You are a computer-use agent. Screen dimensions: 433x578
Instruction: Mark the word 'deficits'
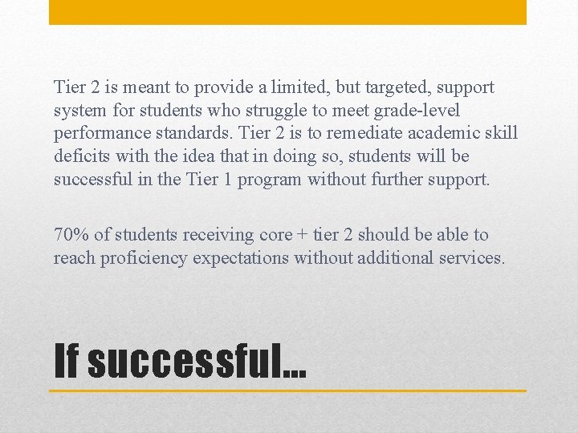(82, 156)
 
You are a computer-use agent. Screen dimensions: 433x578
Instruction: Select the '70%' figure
(71, 235)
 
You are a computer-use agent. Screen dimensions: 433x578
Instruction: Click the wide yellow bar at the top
(287, 12)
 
